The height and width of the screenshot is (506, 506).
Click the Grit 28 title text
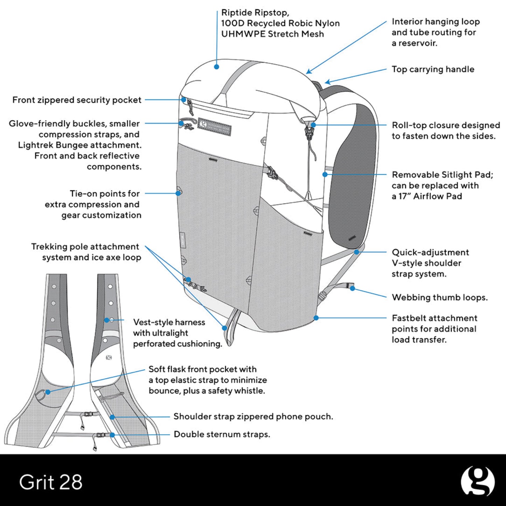pyautogui.click(x=51, y=482)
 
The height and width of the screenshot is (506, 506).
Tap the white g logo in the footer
pyautogui.click(x=478, y=481)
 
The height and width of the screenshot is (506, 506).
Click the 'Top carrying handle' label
pyautogui.click(x=433, y=69)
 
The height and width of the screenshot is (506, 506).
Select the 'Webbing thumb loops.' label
pyautogui.click(x=439, y=297)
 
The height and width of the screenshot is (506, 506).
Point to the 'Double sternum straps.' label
pyautogui.click(x=222, y=434)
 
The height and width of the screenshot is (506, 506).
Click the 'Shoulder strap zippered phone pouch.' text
pyautogui.click(x=253, y=416)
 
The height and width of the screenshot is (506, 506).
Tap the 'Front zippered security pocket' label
pyautogui.click(x=77, y=100)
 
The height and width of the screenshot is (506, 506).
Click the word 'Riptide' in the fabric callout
pyautogui.click(x=236, y=13)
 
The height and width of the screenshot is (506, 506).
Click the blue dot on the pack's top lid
pyautogui.click(x=216, y=67)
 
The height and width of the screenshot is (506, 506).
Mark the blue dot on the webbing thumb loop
pyautogui.click(x=353, y=289)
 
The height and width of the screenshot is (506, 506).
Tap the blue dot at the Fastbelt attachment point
pyautogui.click(x=316, y=318)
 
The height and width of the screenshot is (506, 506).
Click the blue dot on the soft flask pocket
pyautogui.click(x=48, y=392)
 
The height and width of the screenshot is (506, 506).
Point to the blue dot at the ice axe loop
pyautogui.click(x=224, y=328)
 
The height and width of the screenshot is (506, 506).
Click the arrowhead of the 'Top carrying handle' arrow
pyautogui.click(x=326, y=83)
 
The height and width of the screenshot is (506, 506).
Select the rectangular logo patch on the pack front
pyautogui.click(x=214, y=126)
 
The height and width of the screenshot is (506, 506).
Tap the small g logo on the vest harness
pyautogui.click(x=109, y=358)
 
